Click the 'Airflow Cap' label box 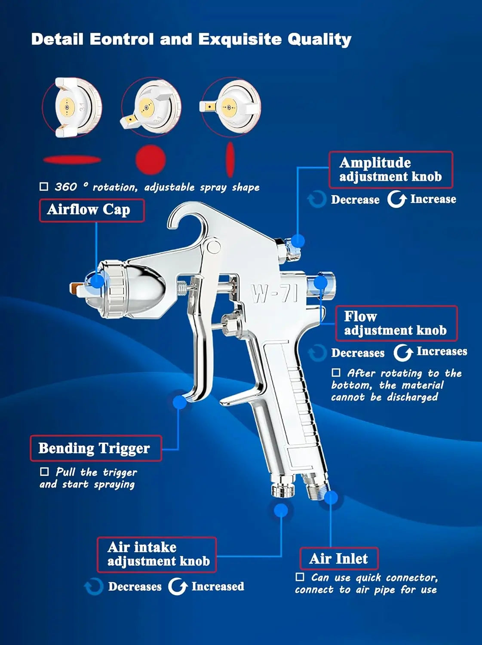[92, 210]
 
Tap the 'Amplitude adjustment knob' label [390, 170]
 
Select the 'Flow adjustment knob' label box [396, 323]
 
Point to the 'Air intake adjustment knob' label [157, 554]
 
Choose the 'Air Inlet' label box [339, 559]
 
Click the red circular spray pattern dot [150, 160]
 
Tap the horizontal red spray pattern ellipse [72, 160]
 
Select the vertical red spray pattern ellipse [230, 159]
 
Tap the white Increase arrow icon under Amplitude [396, 199]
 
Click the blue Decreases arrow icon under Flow [318, 353]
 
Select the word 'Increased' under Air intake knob [218, 587]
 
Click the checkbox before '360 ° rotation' [44, 187]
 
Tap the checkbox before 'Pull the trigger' [44, 472]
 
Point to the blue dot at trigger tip [180, 402]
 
